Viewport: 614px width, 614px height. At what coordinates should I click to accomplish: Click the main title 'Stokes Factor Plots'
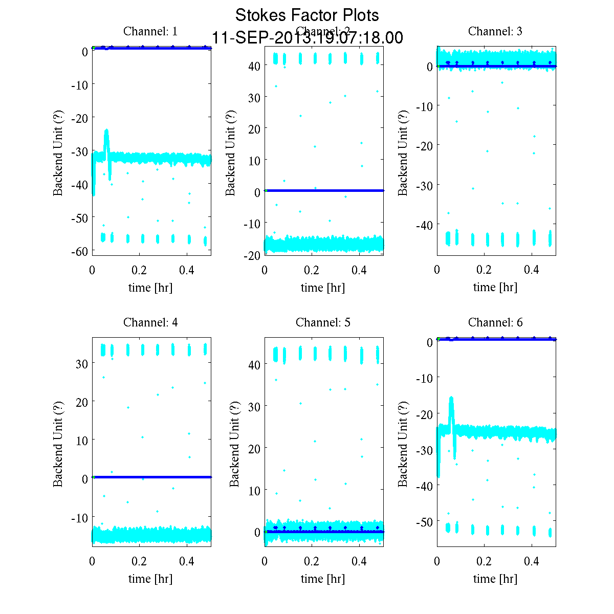coord(307,15)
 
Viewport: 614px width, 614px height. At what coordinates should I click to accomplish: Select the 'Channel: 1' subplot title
coord(150,31)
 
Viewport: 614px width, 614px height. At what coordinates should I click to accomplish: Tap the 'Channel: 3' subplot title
coord(495,31)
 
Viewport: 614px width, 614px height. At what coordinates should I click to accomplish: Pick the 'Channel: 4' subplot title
coord(150,322)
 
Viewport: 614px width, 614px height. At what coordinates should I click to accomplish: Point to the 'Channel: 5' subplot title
coord(323,322)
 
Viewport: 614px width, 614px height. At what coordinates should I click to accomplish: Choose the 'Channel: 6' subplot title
coord(495,322)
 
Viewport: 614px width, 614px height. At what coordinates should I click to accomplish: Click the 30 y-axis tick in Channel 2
coord(255,97)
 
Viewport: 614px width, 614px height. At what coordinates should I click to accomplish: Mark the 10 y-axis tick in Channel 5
coord(255,490)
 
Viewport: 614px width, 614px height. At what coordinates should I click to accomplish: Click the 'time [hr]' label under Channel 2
coord(323,288)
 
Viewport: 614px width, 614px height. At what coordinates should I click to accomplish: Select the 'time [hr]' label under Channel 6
coord(495,579)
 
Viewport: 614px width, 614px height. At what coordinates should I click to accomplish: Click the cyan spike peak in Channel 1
coord(106,131)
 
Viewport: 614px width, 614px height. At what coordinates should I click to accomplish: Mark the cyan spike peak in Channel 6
coord(451,398)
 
